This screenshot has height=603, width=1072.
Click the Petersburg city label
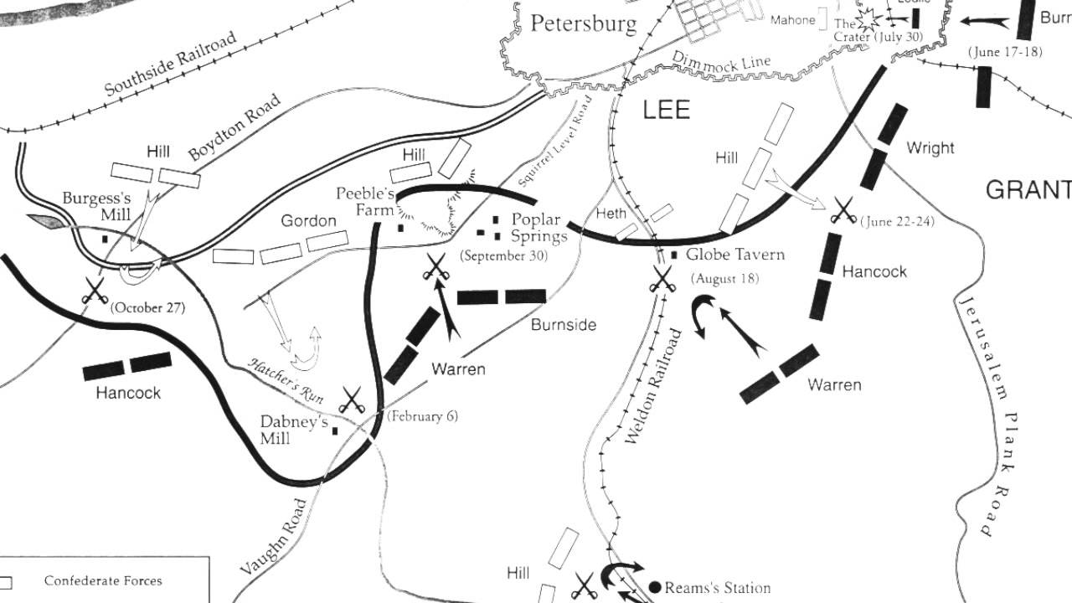tap(584, 23)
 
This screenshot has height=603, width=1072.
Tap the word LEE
tap(667, 110)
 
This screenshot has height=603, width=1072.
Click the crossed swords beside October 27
tap(95, 291)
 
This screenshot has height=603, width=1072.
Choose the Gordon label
tap(308, 221)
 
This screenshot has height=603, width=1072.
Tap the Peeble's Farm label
tap(365, 202)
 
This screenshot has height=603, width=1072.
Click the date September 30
tap(503, 256)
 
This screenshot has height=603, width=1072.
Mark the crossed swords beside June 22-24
tap(843, 210)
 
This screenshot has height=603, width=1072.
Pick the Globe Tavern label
tap(734, 255)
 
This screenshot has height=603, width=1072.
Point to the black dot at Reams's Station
tap(655, 587)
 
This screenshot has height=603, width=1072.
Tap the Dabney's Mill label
tap(293, 430)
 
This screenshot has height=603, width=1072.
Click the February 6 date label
tap(422, 416)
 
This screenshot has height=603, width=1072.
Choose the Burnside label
tap(563, 325)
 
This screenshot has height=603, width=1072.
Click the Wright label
tap(930, 148)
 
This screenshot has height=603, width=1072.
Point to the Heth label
tap(611, 214)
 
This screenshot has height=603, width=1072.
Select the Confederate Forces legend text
tap(103, 580)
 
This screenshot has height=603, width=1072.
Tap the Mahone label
tap(792, 20)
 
